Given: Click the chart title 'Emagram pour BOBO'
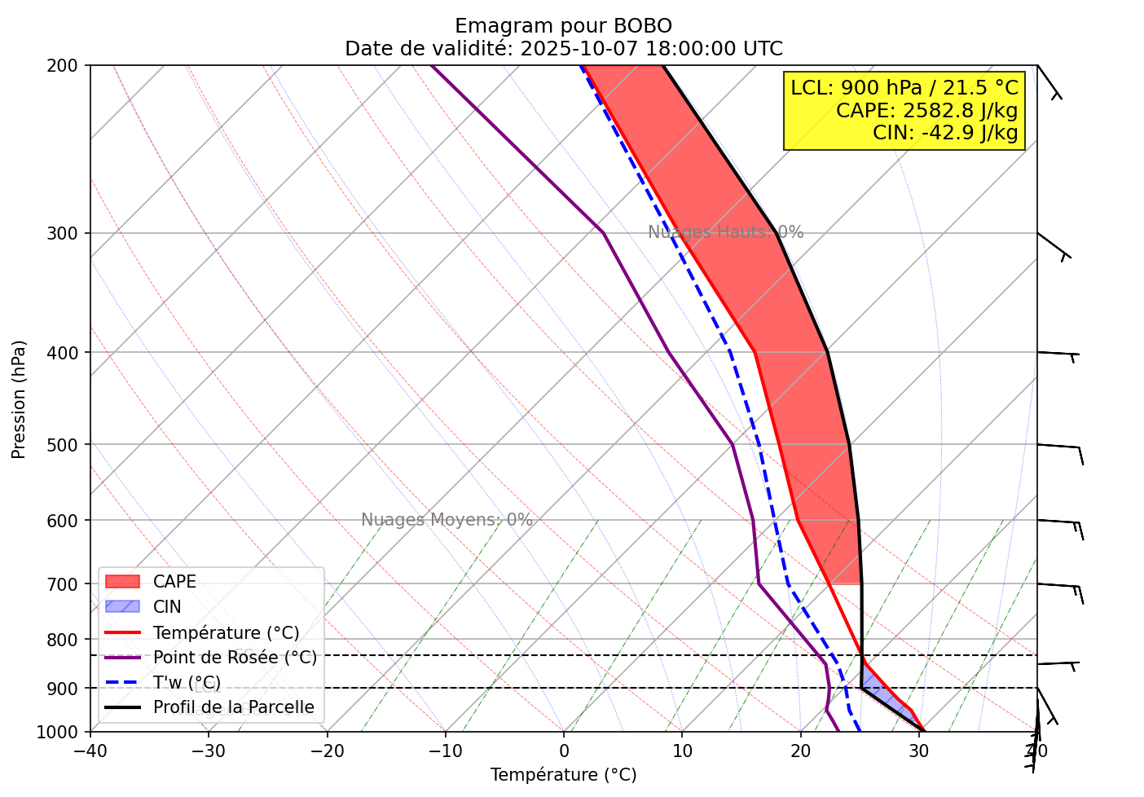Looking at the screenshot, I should point(563,26).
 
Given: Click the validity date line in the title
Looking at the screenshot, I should point(563,49).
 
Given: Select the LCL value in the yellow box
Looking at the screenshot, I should point(904,88).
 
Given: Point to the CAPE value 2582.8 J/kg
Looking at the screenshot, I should point(927,110).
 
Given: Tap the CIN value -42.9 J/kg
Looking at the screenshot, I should point(945,132).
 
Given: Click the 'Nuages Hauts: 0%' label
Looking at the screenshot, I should point(725,233).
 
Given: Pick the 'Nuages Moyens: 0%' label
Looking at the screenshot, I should point(447,520).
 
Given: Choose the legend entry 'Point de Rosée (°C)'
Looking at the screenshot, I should point(235,658).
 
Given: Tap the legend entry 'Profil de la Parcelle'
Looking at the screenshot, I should point(233,707).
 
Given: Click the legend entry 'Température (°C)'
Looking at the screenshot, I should point(226,633).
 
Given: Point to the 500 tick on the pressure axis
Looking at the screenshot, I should point(68,445).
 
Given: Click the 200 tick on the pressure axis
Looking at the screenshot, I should point(68,65).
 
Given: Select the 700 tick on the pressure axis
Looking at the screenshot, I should point(68,584).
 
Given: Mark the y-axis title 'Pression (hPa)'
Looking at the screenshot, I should point(19,399).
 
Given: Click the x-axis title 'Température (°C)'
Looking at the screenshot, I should point(563,775).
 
